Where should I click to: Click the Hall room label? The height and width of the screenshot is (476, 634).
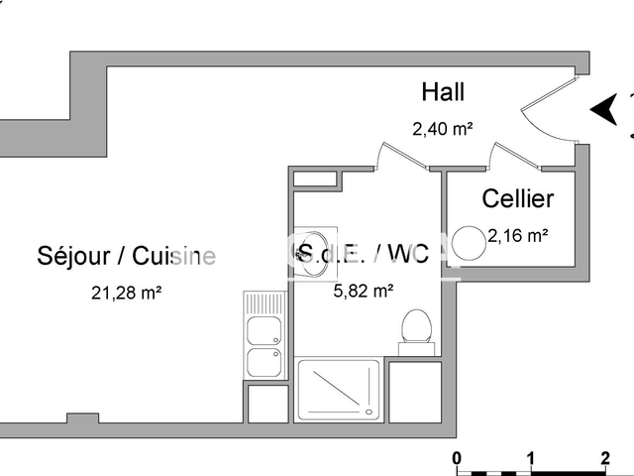[x=443, y=92]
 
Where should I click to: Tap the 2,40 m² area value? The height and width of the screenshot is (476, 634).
[x=442, y=128]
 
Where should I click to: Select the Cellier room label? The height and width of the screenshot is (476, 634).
[x=517, y=198]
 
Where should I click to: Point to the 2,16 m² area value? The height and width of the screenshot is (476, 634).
[x=518, y=235]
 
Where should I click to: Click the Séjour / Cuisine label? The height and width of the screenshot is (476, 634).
[x=126, y=256]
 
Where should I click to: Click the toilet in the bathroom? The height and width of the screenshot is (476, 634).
[x=416, y=328]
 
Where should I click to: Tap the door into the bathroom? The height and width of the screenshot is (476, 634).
[x=396, y=158]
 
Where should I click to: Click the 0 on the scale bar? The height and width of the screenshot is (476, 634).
[x=456, y=458]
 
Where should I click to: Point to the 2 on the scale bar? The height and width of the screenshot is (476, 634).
[x=604, y=458]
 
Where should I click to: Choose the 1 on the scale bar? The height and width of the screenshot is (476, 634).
[x=531, y=458]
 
